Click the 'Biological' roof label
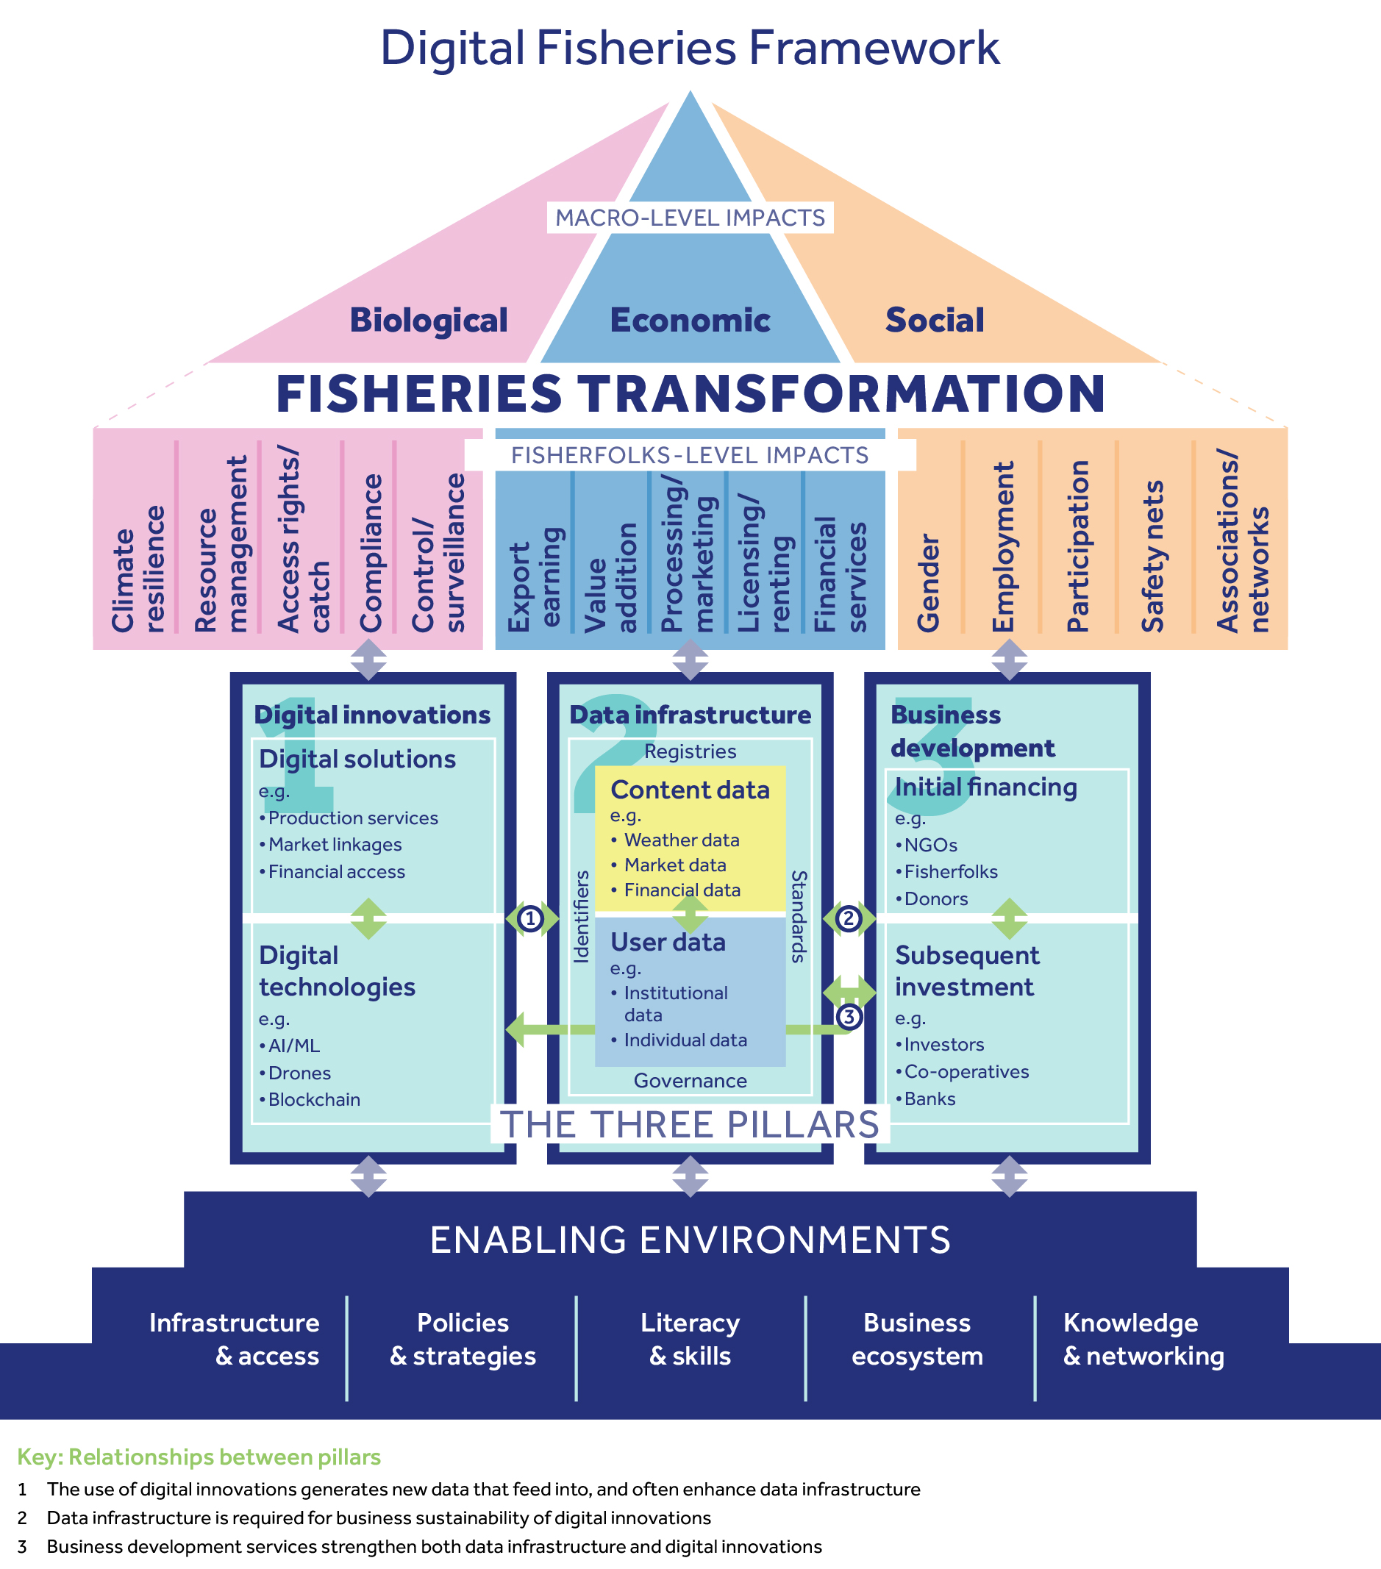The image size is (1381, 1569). (x=429, y=321)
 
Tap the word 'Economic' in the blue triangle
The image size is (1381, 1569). (x=689, y=321)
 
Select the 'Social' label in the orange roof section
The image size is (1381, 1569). (x=934, y=321)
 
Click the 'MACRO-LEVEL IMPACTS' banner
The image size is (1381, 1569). (x=689, y=217)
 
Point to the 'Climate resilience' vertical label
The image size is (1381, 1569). (x=138, y=568)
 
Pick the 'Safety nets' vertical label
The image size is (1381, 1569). (x=1152, y=557)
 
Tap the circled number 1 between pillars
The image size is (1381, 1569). (x=530, y=918)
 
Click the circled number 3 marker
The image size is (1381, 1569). (x=849, y=1017)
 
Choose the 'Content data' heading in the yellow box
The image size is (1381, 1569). (x=689, y=790)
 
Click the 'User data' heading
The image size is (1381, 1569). (x=668, y=942)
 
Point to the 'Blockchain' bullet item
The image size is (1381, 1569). (x=313, y=1099)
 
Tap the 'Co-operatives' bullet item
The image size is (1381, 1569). (x=966, y=1071)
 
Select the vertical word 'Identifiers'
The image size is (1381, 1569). (x=581, y=917)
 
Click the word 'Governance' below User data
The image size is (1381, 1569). (x=689, y=1081)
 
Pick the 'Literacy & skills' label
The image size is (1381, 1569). (x=689, y=1339)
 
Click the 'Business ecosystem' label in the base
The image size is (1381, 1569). (x=916, y=1339)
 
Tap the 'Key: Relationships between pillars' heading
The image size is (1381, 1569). (x=199, y=1457)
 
